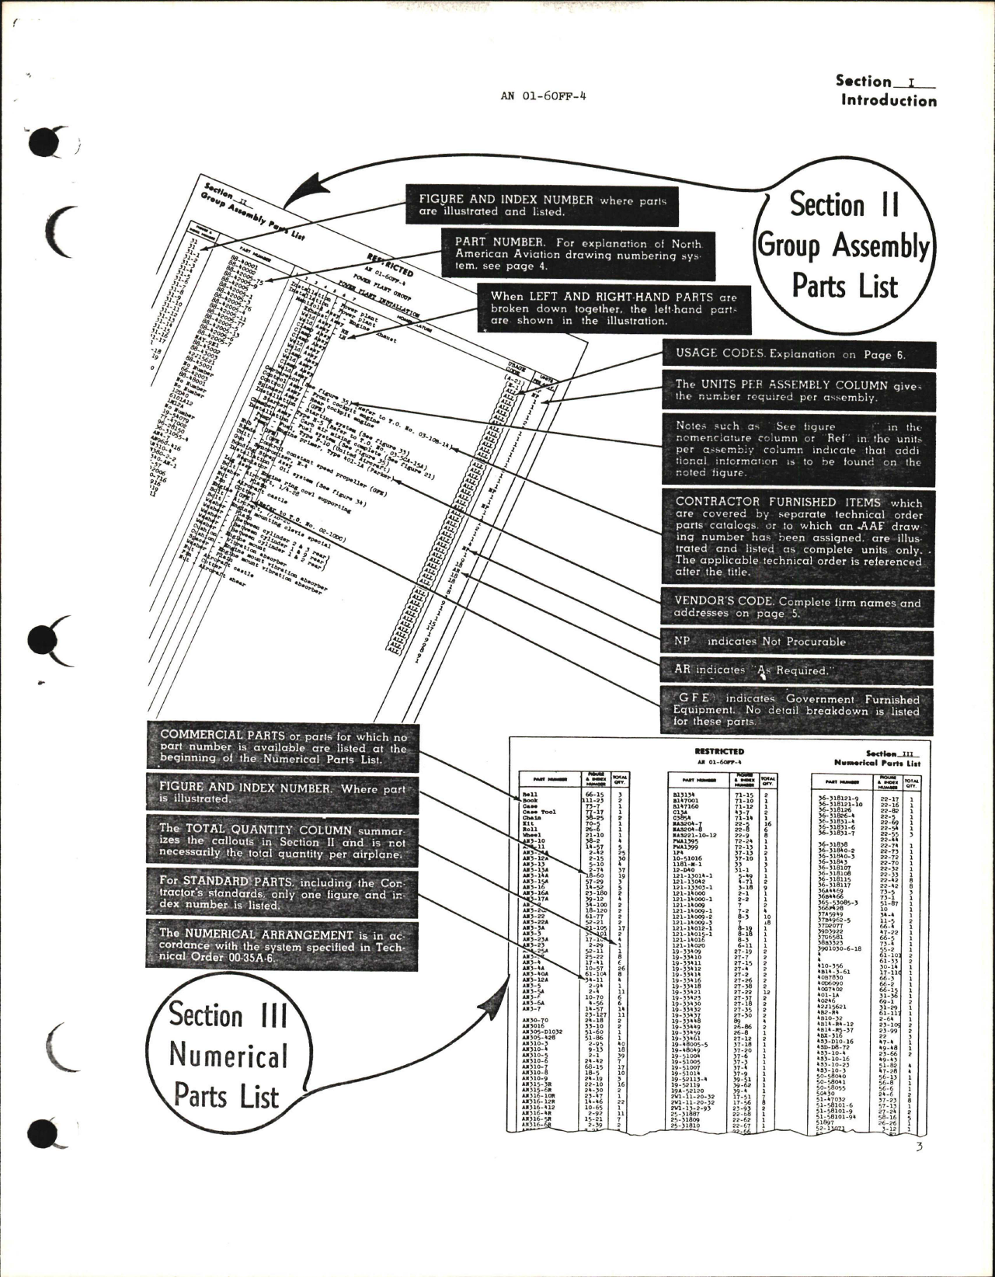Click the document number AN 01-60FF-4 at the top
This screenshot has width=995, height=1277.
pyautogui.click(x=544, y=98)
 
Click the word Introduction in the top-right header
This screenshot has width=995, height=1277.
pyautogui.click(x=889, y=100)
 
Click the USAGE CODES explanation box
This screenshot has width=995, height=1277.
pyautogui.click(x=798, y=354)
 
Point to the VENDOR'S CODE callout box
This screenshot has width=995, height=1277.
pyautogui.click(x=798, y=607)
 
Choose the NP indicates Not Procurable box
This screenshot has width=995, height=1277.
pyautogui.click(x=798, y=642)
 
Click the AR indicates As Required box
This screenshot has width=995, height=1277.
pyautogui.click(x=798, y=670)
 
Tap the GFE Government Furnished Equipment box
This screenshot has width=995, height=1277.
pyautogui.click(x=798, y=710)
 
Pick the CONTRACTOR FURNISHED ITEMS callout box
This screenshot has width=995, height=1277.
pyautogui.click(x=798, y=537)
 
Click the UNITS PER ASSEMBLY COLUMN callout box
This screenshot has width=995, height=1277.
pyautogui.click(x=798, y=390)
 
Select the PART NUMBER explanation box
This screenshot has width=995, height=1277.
pyautogui.click(x=576, y=253)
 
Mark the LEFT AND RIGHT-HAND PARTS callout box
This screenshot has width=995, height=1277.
pyautogui.click(x=613, y=308)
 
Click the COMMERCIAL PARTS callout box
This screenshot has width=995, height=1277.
pyautogui.click(x=283, y=746)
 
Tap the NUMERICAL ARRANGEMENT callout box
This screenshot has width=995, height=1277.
pyautogui.click(x=283, y=944)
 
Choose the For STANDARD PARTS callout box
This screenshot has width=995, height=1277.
pyautogui.click(x=283, y=893)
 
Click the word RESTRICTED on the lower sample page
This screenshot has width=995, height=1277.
pyautogui.click(x=718, y=751)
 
